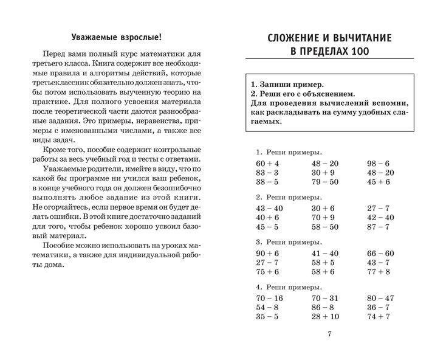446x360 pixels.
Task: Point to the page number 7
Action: tap(329, 334)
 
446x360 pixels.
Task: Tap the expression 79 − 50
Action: tap(325, 181)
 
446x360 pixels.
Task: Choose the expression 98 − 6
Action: tap(378, 164)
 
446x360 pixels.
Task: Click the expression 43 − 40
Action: tap(268, 209)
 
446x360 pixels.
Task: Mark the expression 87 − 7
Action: tap(378, 227)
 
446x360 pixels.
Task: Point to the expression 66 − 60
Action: tap(380, 254)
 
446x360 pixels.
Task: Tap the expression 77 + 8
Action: tap(378, 271)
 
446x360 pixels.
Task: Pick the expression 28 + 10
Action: tap(325, 316)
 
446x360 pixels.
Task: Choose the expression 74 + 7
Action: tap(378, 316)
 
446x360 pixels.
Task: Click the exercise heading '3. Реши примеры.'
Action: tap(289, 241)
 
